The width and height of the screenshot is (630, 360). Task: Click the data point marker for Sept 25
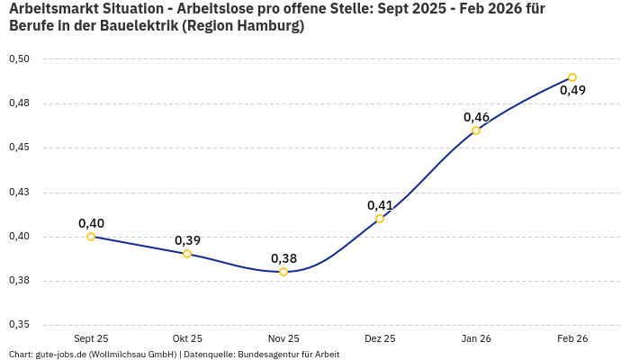click(x=91, y=237)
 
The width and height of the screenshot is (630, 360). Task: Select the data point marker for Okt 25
click(x=187, y=254)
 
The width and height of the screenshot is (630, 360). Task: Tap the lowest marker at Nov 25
click(x=283, y=272)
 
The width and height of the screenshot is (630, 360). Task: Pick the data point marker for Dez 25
click(x=380, y=219)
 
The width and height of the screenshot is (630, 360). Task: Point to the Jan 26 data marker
click(x=476, y=130)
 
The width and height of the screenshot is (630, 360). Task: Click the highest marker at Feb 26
click(x=572, y=77)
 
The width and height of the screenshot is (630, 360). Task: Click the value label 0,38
click(x=283, y=258)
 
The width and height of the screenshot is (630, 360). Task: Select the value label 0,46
click(x=476, y=117)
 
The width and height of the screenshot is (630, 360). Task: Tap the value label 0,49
click(x=572, y=90)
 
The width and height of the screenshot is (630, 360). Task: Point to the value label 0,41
click(x=380, y=205)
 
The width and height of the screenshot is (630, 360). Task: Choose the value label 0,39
click(x=187, y=240)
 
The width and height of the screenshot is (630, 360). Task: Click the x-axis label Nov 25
click(x=283, y=338)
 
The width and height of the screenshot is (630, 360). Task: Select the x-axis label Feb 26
click(x=572, y=338)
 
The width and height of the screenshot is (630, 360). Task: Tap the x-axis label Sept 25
click(x=91, y=338)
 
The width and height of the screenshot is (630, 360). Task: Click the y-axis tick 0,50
click(x=19, y=59)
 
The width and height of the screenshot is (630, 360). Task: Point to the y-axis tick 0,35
click(x=19, y=325)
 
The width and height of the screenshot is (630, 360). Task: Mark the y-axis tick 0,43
click(x=19, y=193)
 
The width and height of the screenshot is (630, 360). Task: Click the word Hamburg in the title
click(x=266, y=26)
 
